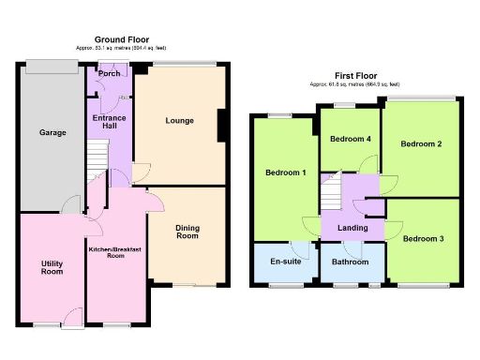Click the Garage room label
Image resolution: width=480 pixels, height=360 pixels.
tap(52, 133)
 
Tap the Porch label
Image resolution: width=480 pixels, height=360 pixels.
tap(109, 73)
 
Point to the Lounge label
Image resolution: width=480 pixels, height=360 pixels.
tap(179, 120)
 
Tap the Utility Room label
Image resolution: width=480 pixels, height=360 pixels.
tap(52, 267)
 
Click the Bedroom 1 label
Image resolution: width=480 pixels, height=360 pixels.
tap(284, 173)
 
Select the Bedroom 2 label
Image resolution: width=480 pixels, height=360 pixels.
tap(421, 143)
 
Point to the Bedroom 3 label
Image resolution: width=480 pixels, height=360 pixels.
tap(423, 239)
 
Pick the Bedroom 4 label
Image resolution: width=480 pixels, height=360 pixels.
tap(349, 140)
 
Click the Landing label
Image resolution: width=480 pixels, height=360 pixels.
tap(352, 228)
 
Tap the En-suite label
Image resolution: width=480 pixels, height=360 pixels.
tap(284, 262)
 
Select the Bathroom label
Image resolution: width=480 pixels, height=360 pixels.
tap(351, 262)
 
